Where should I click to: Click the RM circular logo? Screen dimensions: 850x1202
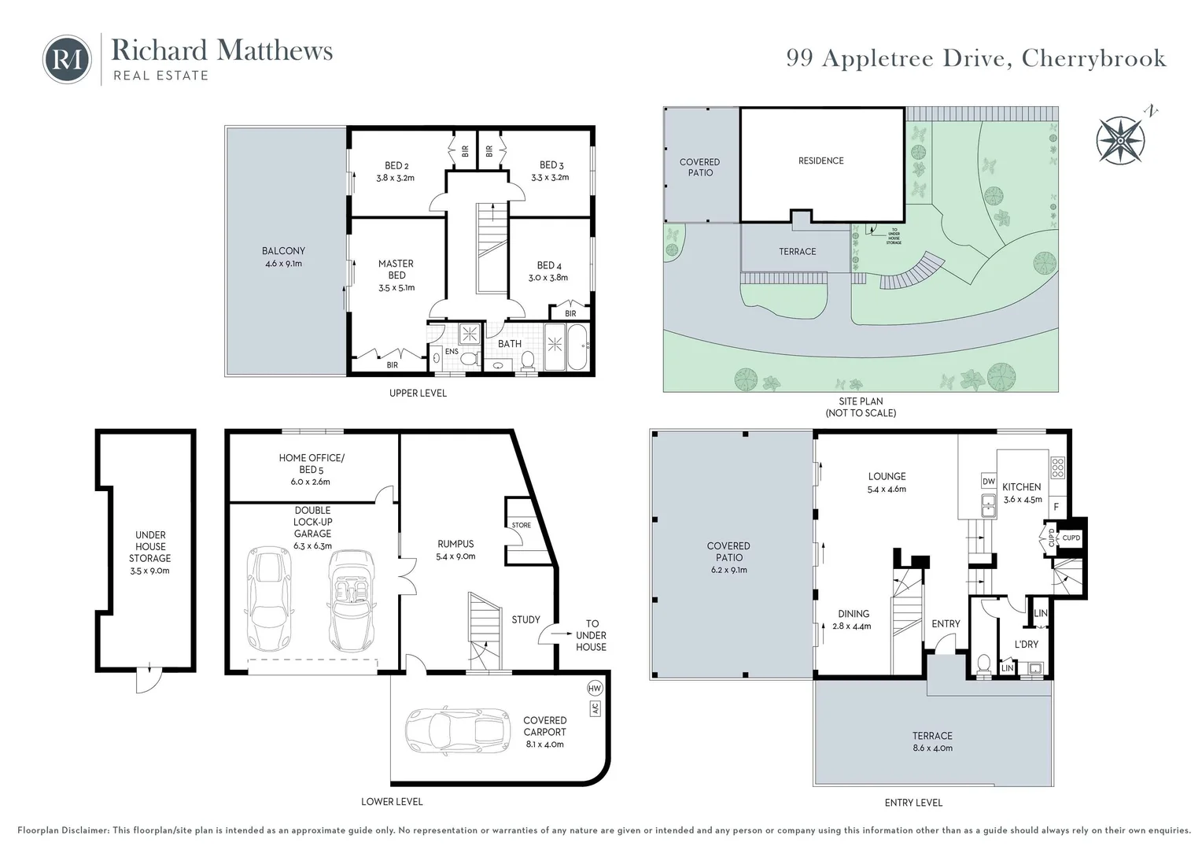(67, 59)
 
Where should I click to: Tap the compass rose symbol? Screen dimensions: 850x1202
(1120, 140)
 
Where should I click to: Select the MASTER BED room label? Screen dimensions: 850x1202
(396, 269)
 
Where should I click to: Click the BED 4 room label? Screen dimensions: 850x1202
(549, 265)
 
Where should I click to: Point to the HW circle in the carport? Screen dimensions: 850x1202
(594, 689)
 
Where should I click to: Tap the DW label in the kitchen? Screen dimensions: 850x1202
(989, 482)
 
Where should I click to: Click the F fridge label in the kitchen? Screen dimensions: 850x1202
(1056, 506)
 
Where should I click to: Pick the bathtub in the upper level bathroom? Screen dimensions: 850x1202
(577, 346)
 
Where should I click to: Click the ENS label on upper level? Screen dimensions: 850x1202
(452, 351)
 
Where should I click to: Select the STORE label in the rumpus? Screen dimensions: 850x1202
(521, 525)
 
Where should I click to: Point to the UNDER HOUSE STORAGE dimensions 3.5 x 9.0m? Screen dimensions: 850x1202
(149, 571)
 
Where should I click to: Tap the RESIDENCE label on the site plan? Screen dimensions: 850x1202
(820, 161)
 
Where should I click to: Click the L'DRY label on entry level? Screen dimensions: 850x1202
(1026, 644)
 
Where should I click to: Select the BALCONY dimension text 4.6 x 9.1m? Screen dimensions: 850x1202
(283, 264)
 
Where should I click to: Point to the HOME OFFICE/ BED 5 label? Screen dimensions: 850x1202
(312, 464)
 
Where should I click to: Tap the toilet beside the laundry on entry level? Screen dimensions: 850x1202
(983, 664)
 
